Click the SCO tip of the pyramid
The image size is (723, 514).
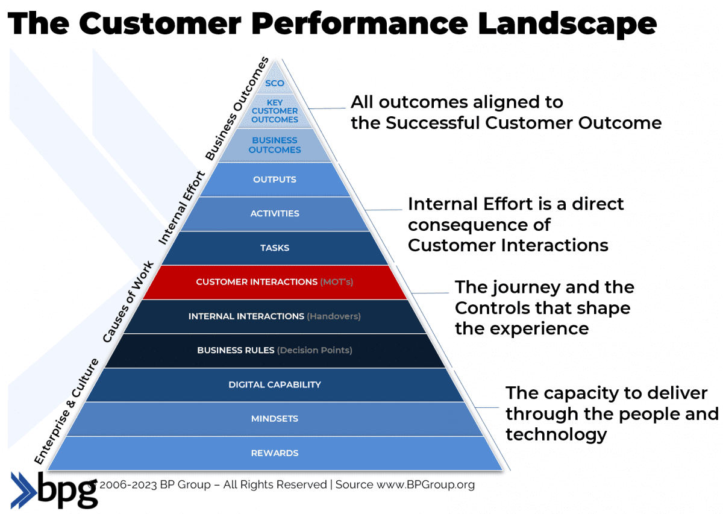[275, 83]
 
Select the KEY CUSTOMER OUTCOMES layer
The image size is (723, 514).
[275, 111]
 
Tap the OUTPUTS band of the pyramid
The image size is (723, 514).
[275, 180]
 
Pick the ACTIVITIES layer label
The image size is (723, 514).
[275, 213]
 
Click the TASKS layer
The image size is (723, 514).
[275, 248]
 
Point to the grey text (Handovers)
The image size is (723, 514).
[334, 316]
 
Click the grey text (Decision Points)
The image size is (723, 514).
[315, 350]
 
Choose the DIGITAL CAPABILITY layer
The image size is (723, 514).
[275, 384]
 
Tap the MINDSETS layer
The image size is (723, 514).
[275, 419]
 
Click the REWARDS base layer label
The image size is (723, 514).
[275, 453]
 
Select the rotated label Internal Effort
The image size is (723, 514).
[181, 208]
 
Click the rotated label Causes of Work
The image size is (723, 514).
[128, 302]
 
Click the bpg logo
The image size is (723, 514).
[54, 489]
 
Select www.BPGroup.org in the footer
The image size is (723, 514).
[425, 484]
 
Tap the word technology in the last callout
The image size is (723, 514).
[556, 434]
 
